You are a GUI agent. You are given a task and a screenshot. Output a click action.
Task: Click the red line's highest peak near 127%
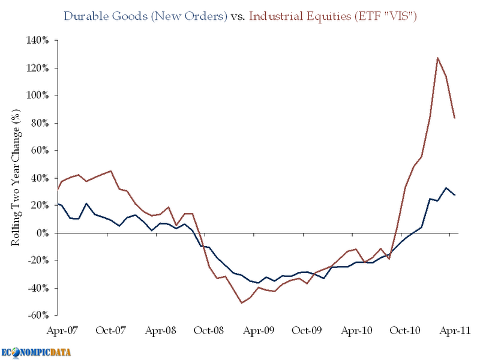pos(438,58)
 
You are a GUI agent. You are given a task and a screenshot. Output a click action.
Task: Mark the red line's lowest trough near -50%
pos(242,303)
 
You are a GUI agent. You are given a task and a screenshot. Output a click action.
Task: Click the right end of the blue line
pos(455,195)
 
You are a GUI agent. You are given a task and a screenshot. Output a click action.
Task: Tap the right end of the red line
pos(455,118)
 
